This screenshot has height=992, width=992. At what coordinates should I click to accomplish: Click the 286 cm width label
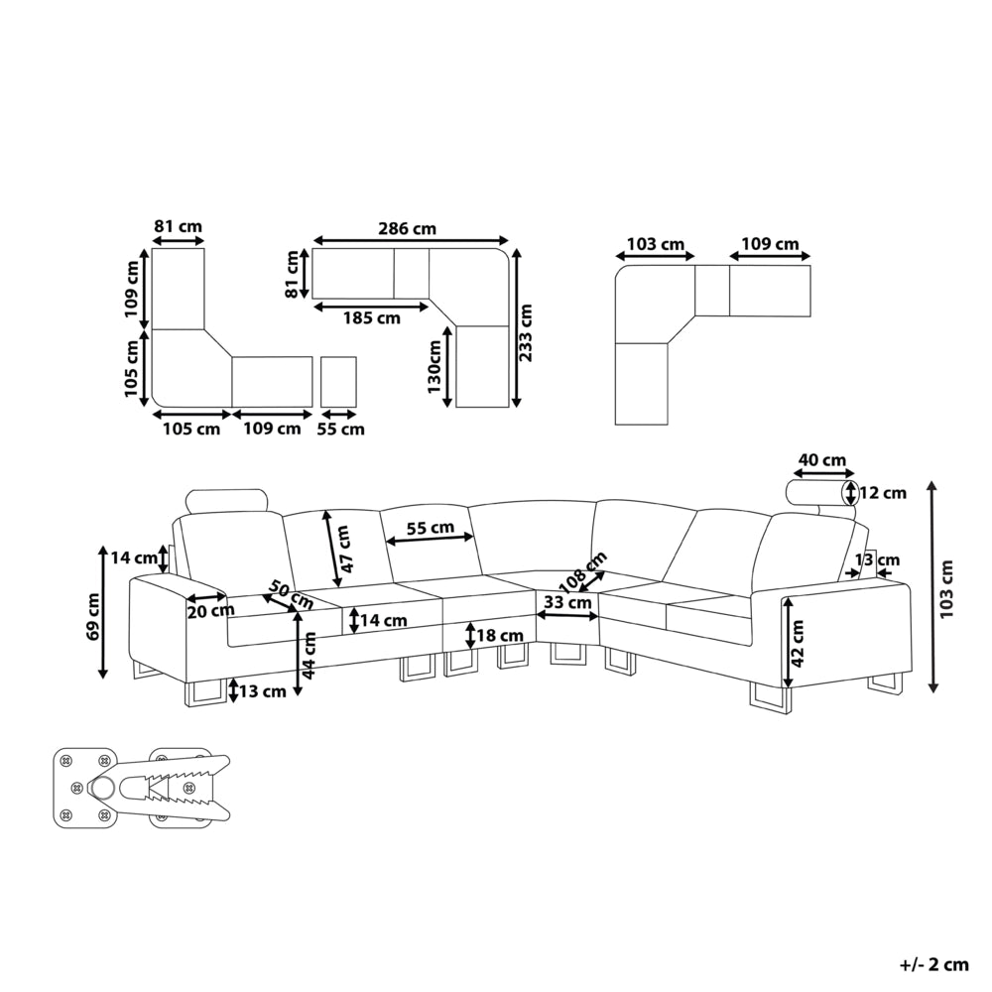(x=408, y=228)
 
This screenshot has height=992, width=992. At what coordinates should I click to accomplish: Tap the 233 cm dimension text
(x=525, y=332)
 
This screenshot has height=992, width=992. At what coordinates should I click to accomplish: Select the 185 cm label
(x=372, y=317)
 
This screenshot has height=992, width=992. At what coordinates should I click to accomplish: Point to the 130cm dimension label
(x=434, y=366)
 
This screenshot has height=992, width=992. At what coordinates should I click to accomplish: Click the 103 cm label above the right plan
(x=656, y=244)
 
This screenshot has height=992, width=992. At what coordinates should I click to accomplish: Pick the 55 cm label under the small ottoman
(x=340, y=429)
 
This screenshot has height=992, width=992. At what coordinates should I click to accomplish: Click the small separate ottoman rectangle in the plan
(x=338, y=382)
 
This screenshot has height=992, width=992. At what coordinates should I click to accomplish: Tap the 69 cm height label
(x=93, y=616)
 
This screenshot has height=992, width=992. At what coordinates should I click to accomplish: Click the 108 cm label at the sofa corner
(x=583, y=572)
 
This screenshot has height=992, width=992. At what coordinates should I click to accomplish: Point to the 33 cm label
(x=567, y=602)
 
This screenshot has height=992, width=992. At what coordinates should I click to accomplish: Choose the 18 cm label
(x=501, y=635)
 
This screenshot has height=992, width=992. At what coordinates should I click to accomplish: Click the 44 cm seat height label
(x=310, y=656)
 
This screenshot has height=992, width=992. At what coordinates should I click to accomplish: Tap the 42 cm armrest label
(x=797, y=644)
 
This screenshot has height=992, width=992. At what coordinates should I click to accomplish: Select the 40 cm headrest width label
(x=821, y=460)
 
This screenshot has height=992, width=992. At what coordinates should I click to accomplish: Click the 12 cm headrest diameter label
(x=883, y=492)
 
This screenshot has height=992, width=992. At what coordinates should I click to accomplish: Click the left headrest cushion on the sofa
(x=228, y=500)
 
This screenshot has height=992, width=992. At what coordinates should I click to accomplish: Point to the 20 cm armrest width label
(x=210, y=610)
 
